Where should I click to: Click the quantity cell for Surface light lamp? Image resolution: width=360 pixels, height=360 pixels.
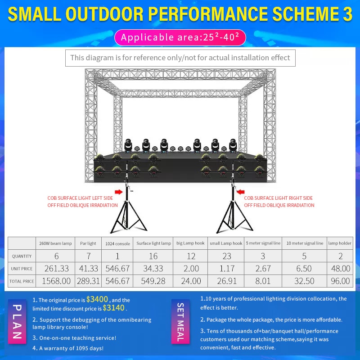pyautogui.click(x=153, y=256)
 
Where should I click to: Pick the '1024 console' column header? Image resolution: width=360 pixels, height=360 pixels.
pyautogui.click(x=117, y=243)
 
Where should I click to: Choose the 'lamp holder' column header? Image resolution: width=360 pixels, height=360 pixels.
pyautogui.click(x=340, y=243)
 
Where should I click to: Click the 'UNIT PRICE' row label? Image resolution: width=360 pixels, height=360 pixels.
pyautogui.click(x=22, y=268)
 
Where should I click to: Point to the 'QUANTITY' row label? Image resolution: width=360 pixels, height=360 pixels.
pyautogui.click(x=22, y=256)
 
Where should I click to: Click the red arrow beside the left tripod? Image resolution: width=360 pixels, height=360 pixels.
pyautogui.click(x=119, y=192)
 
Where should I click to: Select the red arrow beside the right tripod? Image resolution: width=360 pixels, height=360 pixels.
pyautogui.click(x=240, y=192)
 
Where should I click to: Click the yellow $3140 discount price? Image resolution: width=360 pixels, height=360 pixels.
pyautogui.click(x=114, y=308)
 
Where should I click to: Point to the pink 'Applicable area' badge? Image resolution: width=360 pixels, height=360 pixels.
pyautogui.click(x=180, y=37)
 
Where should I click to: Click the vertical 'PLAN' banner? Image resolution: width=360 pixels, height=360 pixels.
pyautogui.click(x=17, y=321)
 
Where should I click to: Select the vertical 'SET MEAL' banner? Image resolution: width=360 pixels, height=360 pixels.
pyautogui.click(x=180, y=321)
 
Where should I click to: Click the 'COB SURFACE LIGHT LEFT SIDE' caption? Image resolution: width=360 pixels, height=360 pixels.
pyautogui.click(x=80, y=198)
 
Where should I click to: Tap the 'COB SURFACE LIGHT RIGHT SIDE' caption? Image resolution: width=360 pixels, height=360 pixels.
pyautogui.click(x=278, y=198)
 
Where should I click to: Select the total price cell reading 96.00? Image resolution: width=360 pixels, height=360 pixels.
pyautogui.click(x=340, y=281)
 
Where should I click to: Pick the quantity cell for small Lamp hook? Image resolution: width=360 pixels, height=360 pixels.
pyautogui.click(x=226, y=256)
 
